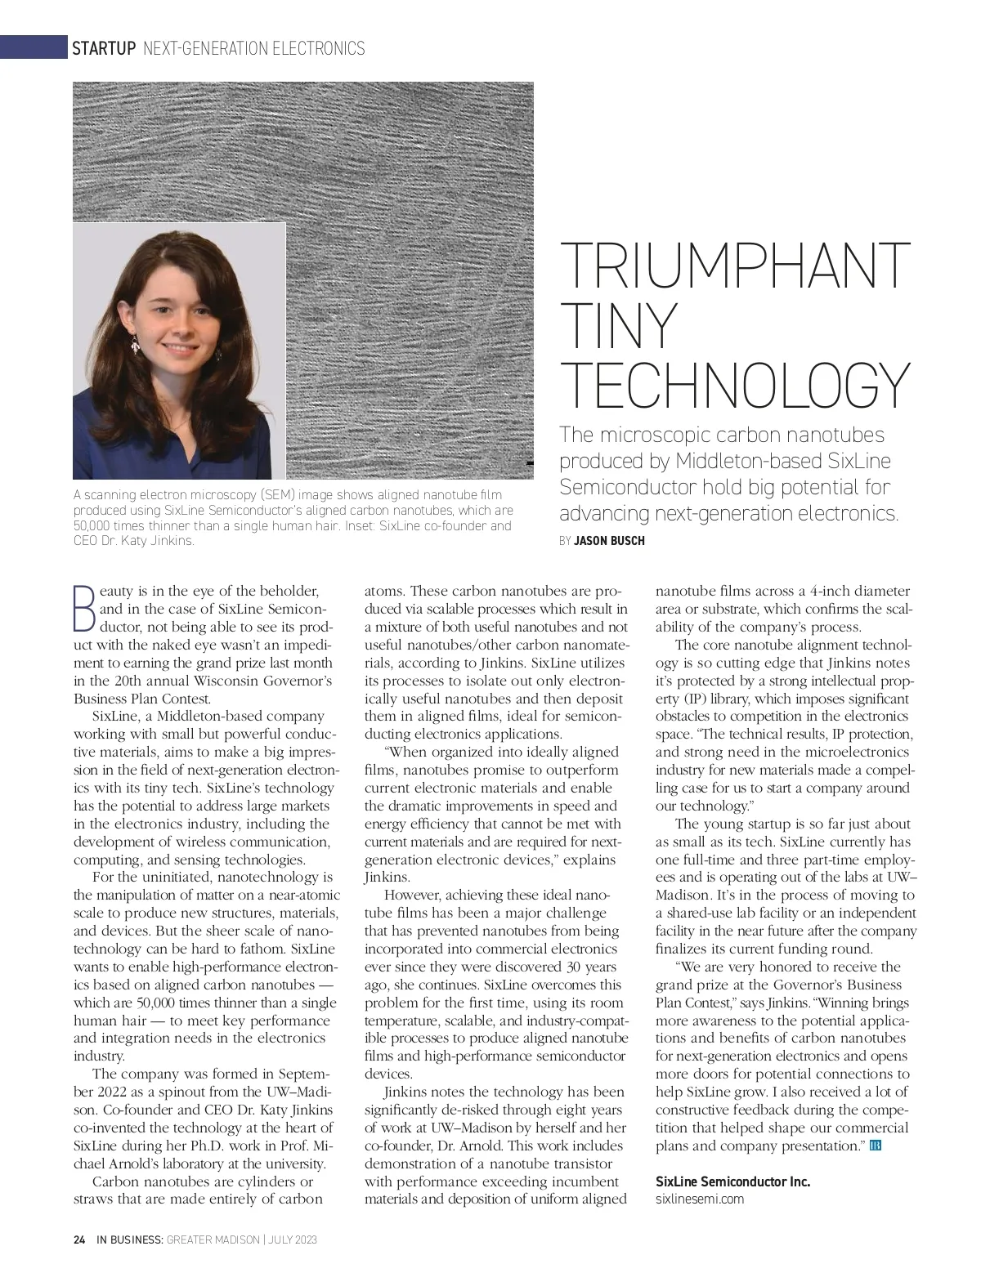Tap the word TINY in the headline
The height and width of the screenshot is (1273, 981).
point(619,325)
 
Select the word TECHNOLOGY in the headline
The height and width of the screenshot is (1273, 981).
point(734,385)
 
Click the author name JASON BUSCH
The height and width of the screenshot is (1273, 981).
point(609,541)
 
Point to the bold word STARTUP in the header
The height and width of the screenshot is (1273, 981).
point(104,48)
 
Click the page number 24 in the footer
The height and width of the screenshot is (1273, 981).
point(79,1239)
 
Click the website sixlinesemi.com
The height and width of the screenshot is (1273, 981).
point(700,1199)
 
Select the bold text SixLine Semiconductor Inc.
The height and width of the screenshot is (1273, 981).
point(732,1181)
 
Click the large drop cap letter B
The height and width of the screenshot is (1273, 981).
point(84,608)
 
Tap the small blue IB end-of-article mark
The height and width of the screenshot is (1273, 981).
point(876,1146)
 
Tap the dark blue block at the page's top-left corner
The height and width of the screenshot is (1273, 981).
point(33,47)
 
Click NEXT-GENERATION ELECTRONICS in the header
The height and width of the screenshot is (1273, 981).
point(253,48)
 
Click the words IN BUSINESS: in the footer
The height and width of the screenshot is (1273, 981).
point(130,1239)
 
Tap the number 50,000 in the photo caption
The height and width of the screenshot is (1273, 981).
point(91,525)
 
